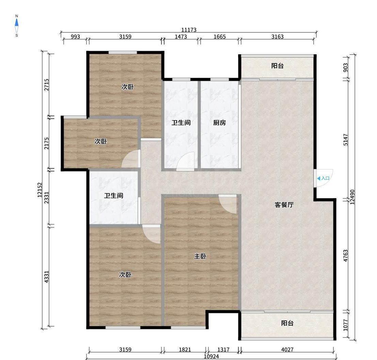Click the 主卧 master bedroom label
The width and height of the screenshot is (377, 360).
pos(200,256)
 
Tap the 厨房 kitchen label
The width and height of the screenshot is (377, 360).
pos(220,123)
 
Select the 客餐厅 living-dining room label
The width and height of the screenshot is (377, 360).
pos(284,205)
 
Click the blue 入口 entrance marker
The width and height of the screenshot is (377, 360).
pos(323,178)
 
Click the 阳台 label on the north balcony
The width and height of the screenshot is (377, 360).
pos(278,66)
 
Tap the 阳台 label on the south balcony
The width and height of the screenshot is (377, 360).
pos(287,323)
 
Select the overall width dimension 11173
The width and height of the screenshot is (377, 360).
pos(189,30)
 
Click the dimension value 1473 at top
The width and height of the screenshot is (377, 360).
pos(181,36)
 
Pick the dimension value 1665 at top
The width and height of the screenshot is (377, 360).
pos(220,36)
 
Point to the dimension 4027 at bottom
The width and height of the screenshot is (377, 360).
pos(287,349)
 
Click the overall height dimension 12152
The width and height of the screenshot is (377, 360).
pos(40,190)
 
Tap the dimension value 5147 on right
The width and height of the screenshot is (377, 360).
pos(346,139)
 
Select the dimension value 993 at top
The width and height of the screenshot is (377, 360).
pos(75,36)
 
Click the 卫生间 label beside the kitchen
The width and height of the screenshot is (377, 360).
pos(181,123)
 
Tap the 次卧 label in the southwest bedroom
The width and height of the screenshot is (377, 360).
pos(125,274)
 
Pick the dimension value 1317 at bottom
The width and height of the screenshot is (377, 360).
pos(223,349)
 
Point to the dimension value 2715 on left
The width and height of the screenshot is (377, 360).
pos(47,85)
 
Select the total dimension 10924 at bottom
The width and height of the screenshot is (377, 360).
pos(211,356)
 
